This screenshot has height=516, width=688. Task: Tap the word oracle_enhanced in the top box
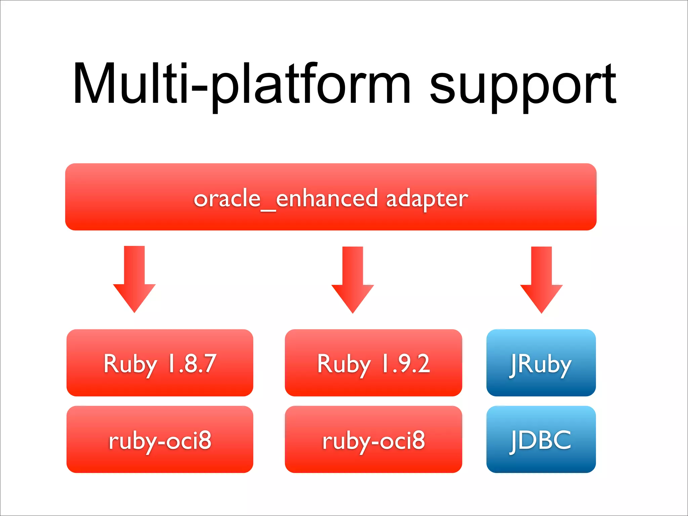(x=286, y=199)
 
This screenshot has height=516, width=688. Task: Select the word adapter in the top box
(x=427, y=199)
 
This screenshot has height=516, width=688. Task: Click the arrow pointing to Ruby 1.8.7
(x=134, y=279)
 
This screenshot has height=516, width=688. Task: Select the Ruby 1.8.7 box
(x=160, y=363)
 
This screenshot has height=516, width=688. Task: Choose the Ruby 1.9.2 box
(x=373, y=363)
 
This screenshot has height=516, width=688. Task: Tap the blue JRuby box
(x=541, y=363)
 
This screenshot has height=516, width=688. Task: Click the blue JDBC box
(x=541, y=439)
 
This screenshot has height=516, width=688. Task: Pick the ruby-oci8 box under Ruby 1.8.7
(x=160, y=439)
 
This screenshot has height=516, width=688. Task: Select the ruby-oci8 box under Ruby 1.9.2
(x=373, y=439)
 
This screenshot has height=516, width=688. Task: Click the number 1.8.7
(x=192, y=363)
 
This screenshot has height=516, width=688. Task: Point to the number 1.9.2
(x=406, y=363)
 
